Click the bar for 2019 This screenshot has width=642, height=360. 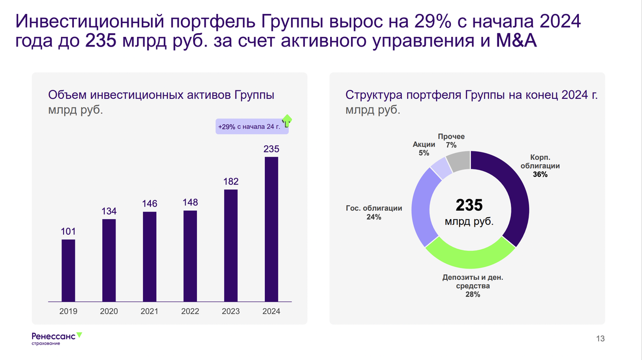pos(68,270)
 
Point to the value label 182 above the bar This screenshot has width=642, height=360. pos(231,182)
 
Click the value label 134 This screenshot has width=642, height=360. pos(109,212)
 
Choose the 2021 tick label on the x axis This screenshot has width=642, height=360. pos(149,311)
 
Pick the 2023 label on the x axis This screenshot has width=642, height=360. pos(231,311)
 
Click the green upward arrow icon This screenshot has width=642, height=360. pos(287,120)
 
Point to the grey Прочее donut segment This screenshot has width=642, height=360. pos(458,160)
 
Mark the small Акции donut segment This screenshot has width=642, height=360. pos(442,168)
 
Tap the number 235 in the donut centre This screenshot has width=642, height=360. pos(469,205)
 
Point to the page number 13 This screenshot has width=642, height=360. pos(600,339)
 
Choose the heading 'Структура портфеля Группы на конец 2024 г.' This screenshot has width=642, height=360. pos(471,95)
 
